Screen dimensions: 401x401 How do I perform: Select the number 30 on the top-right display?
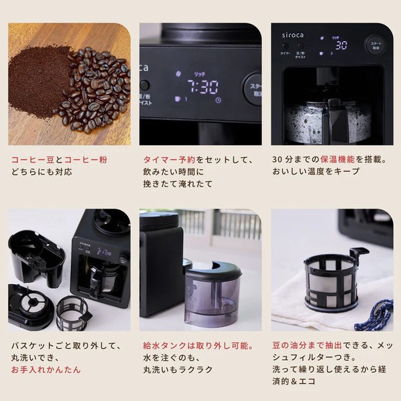342,46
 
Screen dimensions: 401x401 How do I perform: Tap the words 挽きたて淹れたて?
179,184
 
